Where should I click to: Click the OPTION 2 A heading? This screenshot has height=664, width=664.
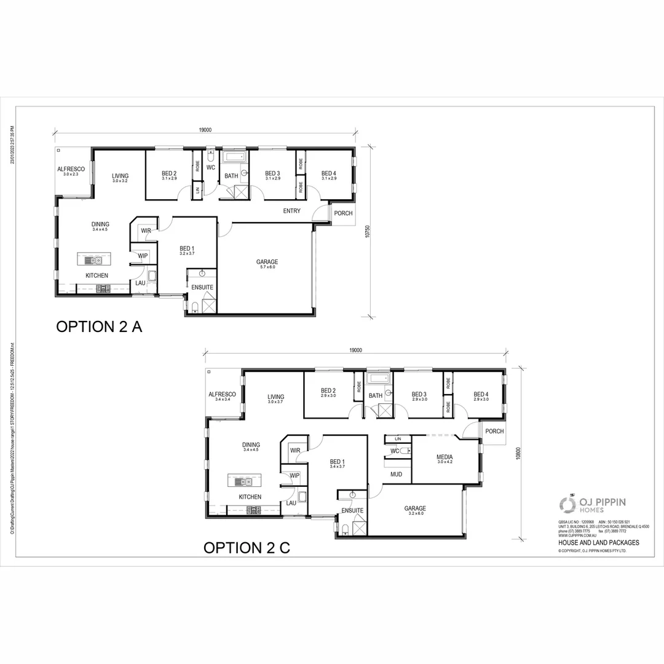click(x=99, y=326)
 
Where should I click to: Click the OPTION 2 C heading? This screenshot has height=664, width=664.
click(x=247, y=548)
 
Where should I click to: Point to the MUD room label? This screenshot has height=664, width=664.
click(x=396, y=475)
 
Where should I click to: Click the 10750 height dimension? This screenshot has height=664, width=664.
click(x=367, y=231)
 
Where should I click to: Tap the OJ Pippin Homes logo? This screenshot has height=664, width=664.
click(x=592, y=505)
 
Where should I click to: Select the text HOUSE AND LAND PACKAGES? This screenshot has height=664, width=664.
click(x=598, y=543)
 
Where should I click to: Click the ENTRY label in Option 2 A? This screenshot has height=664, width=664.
click(x=291, y=211)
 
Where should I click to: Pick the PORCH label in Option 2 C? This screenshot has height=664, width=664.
click(x=494, y=432)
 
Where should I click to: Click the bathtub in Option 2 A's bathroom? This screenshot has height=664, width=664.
click(x=232, y=157)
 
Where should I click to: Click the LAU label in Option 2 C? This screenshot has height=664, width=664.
click(x=291, y=503)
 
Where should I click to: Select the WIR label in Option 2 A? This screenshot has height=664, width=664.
click(x=146, y=231)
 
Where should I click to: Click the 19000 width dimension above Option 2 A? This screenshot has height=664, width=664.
click(x=205, y=130)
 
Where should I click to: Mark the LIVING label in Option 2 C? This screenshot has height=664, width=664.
click(x=275, y=398)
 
